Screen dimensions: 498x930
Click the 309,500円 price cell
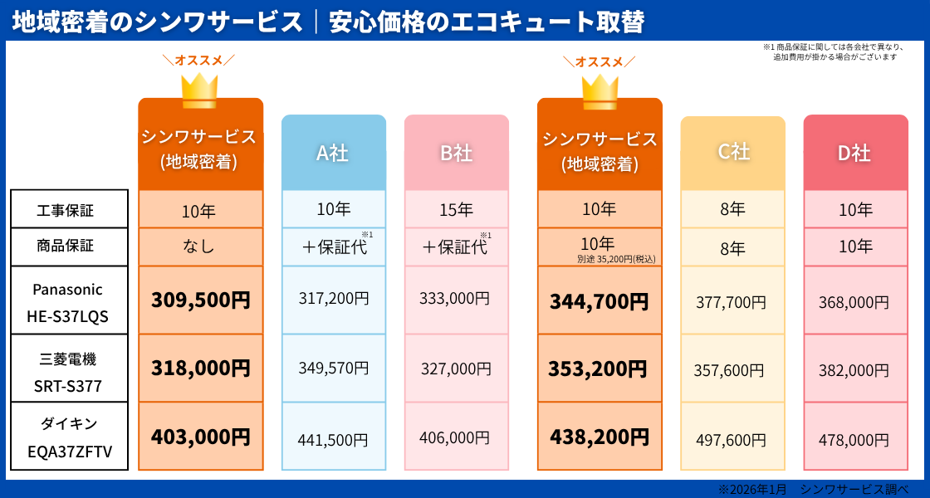[x=200, y=300]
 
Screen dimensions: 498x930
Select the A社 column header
[x=333, y=153]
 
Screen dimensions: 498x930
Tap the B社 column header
[x=456, y=153]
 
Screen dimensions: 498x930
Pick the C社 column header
[x=732, y=152]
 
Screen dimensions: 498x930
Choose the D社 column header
[x=855, y=153]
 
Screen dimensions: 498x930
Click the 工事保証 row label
[x=69, y=209]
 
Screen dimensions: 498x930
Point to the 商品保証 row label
[x=69, y=247]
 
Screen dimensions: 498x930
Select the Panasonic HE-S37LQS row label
[x=69, y=300]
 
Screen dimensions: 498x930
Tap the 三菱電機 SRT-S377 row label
[x=69, y=369]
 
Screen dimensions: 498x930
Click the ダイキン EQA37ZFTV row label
[x=69, y=437]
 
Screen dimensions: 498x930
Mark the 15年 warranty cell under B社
[x=456, y=210]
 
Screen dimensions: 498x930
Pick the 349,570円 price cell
[x=333, y=369]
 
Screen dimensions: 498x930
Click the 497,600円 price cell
[x=732, y=440]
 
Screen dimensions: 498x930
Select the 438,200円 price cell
[x=599, y=437]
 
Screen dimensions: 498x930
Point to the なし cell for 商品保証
[x=199, y=247]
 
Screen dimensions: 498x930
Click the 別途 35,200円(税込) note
[x=616, y=259]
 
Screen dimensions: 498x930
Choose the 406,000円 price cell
[x=456, y=437]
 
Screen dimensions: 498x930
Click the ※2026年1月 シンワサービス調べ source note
[x=813, y=490]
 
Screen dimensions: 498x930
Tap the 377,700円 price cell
[x=732, y=302]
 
